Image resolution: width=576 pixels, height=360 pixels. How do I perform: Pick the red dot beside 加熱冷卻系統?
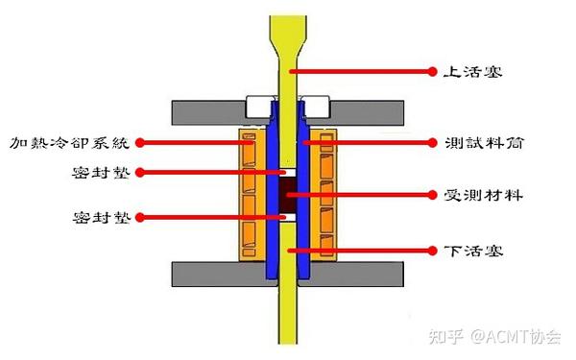[141, 142]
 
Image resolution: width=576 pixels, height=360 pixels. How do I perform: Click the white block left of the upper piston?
[260, 103]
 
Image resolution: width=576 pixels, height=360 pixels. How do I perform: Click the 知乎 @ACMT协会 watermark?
[501, 336]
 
